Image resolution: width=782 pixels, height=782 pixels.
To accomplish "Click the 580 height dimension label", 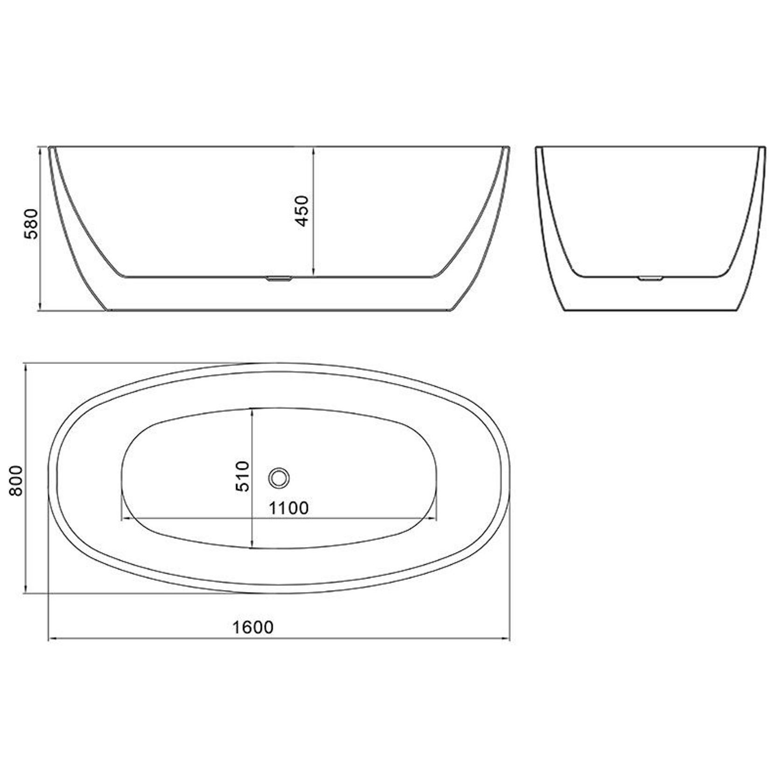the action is tap(31, 224).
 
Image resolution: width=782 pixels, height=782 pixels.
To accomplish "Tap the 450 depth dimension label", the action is tap(302, 211).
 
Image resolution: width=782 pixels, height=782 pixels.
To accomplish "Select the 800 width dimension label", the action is tap(15, 481).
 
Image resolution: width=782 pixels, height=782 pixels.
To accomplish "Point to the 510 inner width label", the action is tap(243, 476).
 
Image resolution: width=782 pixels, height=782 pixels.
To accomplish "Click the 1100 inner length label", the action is tap(288, 508).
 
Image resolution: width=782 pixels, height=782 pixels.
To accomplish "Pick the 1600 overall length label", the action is tap(253, 628).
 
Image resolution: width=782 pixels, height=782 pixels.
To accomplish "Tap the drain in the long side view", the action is tap(279, 279).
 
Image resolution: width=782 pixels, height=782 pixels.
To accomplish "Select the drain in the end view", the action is tap(649, 278).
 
